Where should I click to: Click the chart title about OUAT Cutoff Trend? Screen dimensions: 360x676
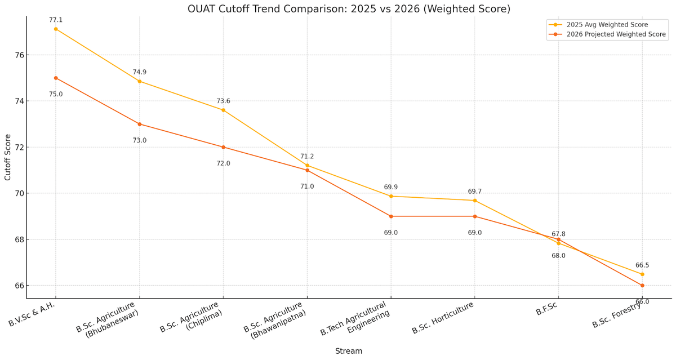coord(349,9)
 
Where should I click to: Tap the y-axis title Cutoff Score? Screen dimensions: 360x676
coord(8,157)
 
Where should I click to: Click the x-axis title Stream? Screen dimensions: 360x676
coord(349,351)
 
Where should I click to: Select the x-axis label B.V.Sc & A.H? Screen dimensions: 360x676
coord(32,314)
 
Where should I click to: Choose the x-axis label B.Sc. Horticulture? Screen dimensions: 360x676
coord(443,318)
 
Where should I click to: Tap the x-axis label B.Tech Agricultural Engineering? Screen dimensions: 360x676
coord(355,319)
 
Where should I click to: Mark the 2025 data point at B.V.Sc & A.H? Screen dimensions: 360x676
coord(56,29)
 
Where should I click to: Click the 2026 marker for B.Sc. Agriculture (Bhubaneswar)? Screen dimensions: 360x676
coord(140,124)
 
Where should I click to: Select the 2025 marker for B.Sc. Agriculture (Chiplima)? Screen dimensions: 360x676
coord(223,110)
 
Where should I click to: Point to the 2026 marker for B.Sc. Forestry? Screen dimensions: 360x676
coord(642,286)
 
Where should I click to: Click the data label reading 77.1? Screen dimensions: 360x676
coord(56,20)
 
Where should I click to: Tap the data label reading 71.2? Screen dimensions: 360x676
coord(307,157)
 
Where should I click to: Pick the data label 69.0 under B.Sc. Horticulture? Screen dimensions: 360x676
coord(475,233)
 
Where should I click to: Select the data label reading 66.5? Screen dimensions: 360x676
coord(642,265)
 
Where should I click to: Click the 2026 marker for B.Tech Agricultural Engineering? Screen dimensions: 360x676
coord(391,216)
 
